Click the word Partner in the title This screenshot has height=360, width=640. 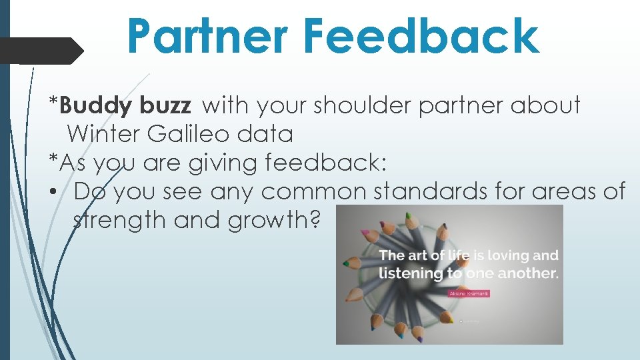coord(207,36)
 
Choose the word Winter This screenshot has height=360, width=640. coord(103,134)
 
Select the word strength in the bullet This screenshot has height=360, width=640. coord(119,220)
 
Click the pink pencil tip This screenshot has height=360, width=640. coord(365,233)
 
